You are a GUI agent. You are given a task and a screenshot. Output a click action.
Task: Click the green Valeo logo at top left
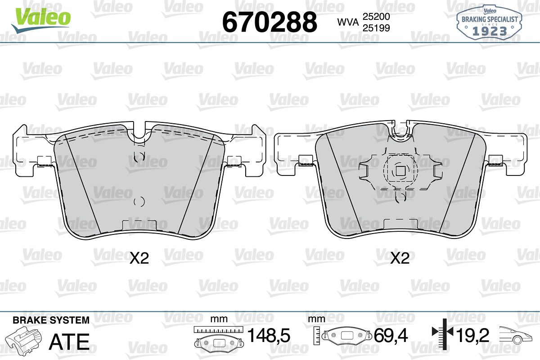pyautogui.click(x=41, y=20)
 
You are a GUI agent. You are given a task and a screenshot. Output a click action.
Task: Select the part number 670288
pyautogui.click(x=270, y=22)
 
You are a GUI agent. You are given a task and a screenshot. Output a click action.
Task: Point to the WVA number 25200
pyautogui.click(x=376, y=16)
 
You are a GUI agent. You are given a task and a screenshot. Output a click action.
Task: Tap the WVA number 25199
pyautogui.click(x=376, y=28)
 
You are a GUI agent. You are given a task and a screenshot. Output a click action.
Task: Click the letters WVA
pyautogui.click(x=348, y=22)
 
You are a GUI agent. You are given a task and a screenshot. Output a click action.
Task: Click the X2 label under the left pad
pyautogui.click(x=139, y=258)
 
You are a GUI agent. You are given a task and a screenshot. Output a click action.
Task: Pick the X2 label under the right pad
pyautogui.click(x=400, y=258)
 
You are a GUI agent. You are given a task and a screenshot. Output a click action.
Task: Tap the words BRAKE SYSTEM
pyautogui.click(x=51, y=320)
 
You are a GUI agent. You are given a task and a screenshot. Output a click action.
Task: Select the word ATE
pyautogui.click(x=69, y=342)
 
